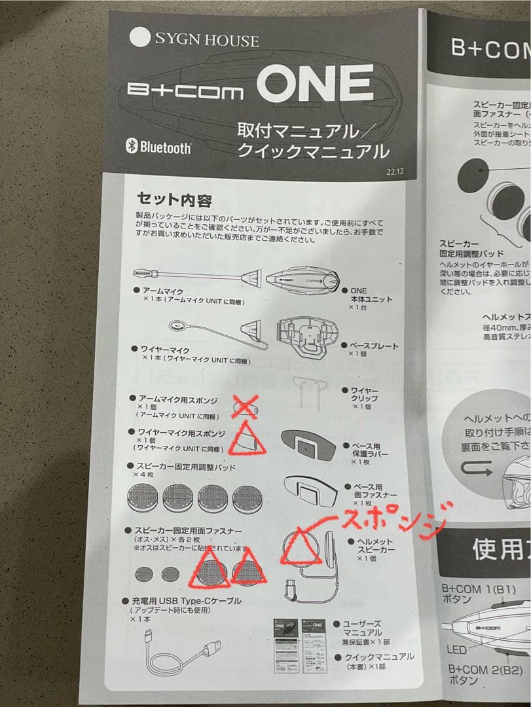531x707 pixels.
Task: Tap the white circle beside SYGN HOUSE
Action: [x=140, y=36]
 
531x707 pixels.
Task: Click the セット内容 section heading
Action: [x=174, y=199]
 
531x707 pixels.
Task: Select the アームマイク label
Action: [x=158, y=290]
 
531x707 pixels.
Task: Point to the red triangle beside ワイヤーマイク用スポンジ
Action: [x=246, y=439]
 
